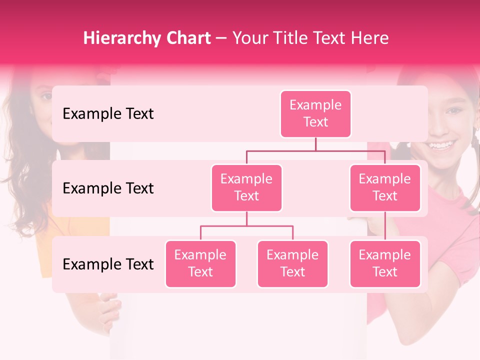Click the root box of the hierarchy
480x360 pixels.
[315, 114]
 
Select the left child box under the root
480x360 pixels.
[246, 188]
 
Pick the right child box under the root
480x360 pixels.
[385, 188]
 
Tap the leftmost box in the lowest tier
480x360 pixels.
[200, 264]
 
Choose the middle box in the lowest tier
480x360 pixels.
[292, 264]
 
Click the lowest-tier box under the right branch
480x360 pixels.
[385, 264]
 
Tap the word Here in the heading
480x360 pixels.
[370, 38]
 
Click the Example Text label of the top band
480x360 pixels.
[108, 114]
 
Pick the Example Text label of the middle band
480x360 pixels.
[108, 188]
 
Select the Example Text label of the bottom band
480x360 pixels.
[108, 264]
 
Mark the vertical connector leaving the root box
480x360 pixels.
[315, 144]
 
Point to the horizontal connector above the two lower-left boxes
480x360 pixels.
[246, 226]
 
